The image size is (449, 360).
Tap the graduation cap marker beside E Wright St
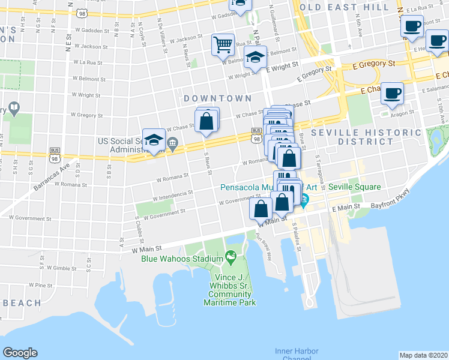(x=256, y=59)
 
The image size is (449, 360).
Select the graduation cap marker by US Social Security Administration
(x=154, y=140)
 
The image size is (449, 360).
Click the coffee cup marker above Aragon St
(x=392, y=93)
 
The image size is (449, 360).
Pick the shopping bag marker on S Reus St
(x=206, y=121)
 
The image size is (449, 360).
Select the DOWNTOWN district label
(x=217, y=98)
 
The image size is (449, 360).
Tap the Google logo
(x=20, y=353)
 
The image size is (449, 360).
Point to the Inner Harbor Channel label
(x=297, y=354)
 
